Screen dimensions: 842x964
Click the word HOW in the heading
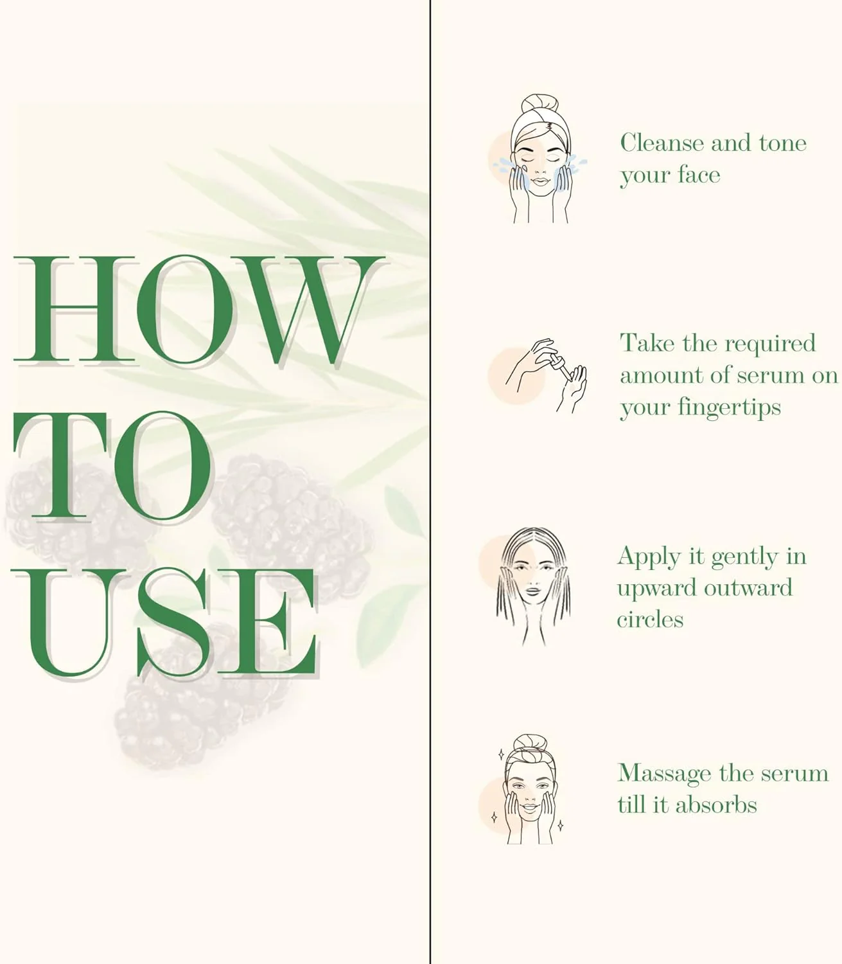coord(198,310)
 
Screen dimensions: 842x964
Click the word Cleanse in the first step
coord(662,143)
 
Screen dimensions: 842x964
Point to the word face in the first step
coord(699,175)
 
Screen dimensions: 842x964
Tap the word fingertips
coord(729,408)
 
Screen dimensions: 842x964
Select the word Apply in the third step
coord(649,558)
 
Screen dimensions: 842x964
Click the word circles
coord(650,620)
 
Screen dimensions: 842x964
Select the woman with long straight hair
coord(533,586)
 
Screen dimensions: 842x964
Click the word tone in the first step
coord(783,143)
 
